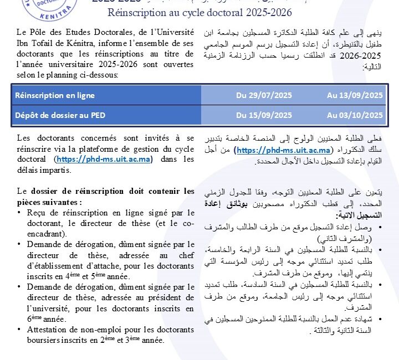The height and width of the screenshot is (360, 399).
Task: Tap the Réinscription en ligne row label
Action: click(x=55, y=95)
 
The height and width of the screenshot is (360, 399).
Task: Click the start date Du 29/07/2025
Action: click(x=264, y=95)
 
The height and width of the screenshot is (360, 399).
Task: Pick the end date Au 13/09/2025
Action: click(x=355, y=95)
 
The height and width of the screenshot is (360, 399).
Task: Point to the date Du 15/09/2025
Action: click(x=264, y=115)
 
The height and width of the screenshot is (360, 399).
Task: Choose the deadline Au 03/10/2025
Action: click(x=355, y=115)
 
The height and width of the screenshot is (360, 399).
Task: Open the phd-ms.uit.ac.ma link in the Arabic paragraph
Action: click(x=284, y=151)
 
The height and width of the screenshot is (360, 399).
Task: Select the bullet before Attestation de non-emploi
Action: click(x=20, y=330)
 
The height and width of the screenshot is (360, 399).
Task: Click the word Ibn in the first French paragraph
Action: click(x=24, y=44)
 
